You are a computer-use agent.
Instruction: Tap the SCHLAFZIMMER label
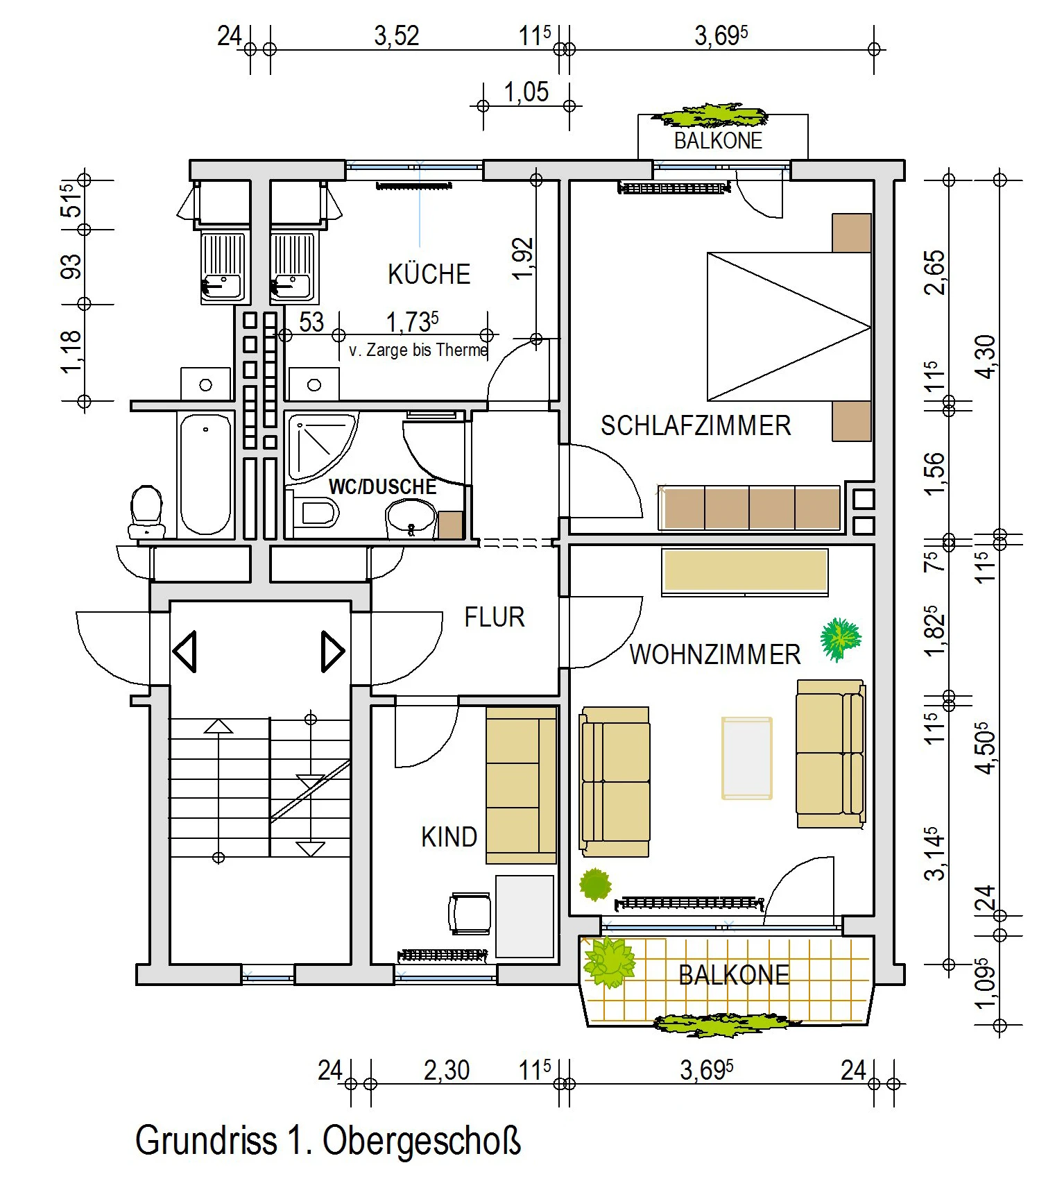696,425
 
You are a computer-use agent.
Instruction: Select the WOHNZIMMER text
715,654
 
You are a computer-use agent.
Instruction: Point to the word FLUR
495,617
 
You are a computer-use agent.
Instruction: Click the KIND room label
449,837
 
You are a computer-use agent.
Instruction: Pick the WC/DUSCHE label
382,486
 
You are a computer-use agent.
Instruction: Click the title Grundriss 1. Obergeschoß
328,1140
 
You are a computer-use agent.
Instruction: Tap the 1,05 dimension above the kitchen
526,92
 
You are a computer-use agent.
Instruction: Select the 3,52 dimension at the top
397,35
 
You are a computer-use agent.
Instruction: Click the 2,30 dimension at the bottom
447,1070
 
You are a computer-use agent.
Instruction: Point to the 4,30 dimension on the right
986,357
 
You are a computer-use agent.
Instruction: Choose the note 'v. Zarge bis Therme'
418,350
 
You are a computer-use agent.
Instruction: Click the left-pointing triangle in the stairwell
185,651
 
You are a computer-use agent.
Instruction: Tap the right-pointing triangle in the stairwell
333,651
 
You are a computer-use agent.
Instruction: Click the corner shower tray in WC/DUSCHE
320,446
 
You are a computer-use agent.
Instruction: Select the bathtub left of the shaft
205,475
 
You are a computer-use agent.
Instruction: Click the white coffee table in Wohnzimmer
747,758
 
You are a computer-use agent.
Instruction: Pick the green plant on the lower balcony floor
610,962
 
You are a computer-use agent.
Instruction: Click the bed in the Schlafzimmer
789,326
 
